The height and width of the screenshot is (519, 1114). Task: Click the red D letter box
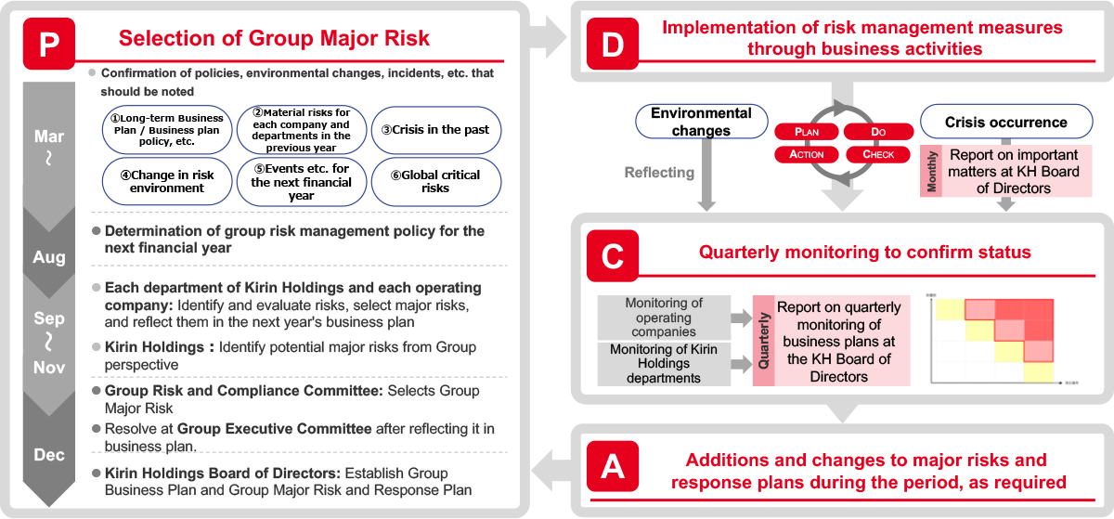click(x=612, y=43)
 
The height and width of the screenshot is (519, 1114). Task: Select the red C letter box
click(x=612, y=256)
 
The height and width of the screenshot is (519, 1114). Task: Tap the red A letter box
click(x=612, y=468)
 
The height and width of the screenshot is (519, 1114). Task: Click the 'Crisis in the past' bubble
click(x=435, y=129)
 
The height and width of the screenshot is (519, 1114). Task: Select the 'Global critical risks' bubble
click(x=435, y=181)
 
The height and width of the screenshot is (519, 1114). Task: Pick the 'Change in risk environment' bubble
click(x=166, y=181)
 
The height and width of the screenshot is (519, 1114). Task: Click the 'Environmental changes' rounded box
click(x=701, y=122)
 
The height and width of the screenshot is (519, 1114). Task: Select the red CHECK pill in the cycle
click(x=878, y=154)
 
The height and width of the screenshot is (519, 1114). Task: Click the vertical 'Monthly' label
click(x=931, y=171)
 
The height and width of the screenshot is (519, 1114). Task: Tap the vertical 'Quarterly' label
click(x=763, y=340)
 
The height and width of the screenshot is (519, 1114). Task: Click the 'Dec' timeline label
click(x=49, y=455)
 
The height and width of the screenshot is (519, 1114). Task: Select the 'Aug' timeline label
click(x=49, y=258)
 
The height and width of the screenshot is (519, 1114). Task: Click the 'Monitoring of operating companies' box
click(x=664, y=318)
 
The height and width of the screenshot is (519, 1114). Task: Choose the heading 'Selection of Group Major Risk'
click(x=274, y=39)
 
